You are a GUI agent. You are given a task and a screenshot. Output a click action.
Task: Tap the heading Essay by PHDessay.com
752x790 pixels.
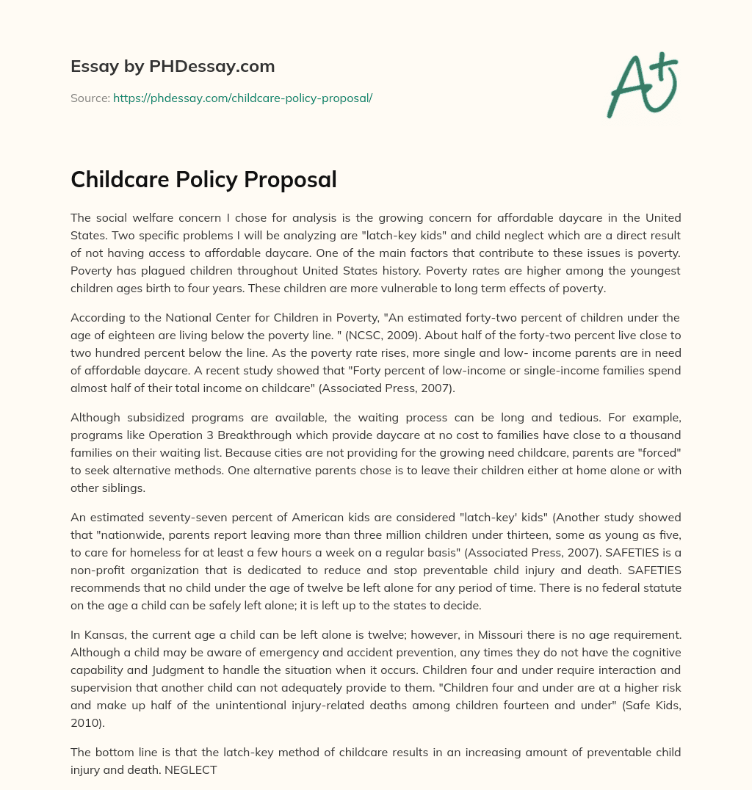pos(173,67)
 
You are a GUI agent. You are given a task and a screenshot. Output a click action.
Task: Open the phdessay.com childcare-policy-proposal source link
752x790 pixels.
pos(242,98)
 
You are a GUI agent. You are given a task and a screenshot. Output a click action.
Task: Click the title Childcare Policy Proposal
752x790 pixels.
pos(203,180)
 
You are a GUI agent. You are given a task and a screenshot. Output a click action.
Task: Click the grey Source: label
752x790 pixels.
pos(90,98)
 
